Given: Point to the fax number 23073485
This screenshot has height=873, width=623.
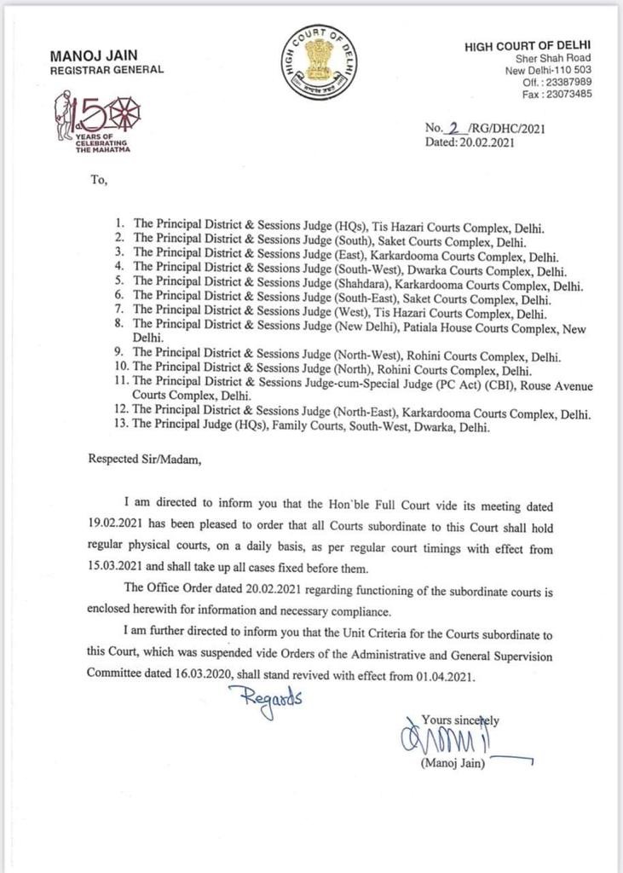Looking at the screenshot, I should point(572,94).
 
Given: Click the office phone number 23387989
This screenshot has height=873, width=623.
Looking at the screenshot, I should point(572,82).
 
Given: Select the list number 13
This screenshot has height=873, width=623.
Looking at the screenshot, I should point(121,428).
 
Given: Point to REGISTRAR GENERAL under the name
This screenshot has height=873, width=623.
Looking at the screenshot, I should point(107,70).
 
